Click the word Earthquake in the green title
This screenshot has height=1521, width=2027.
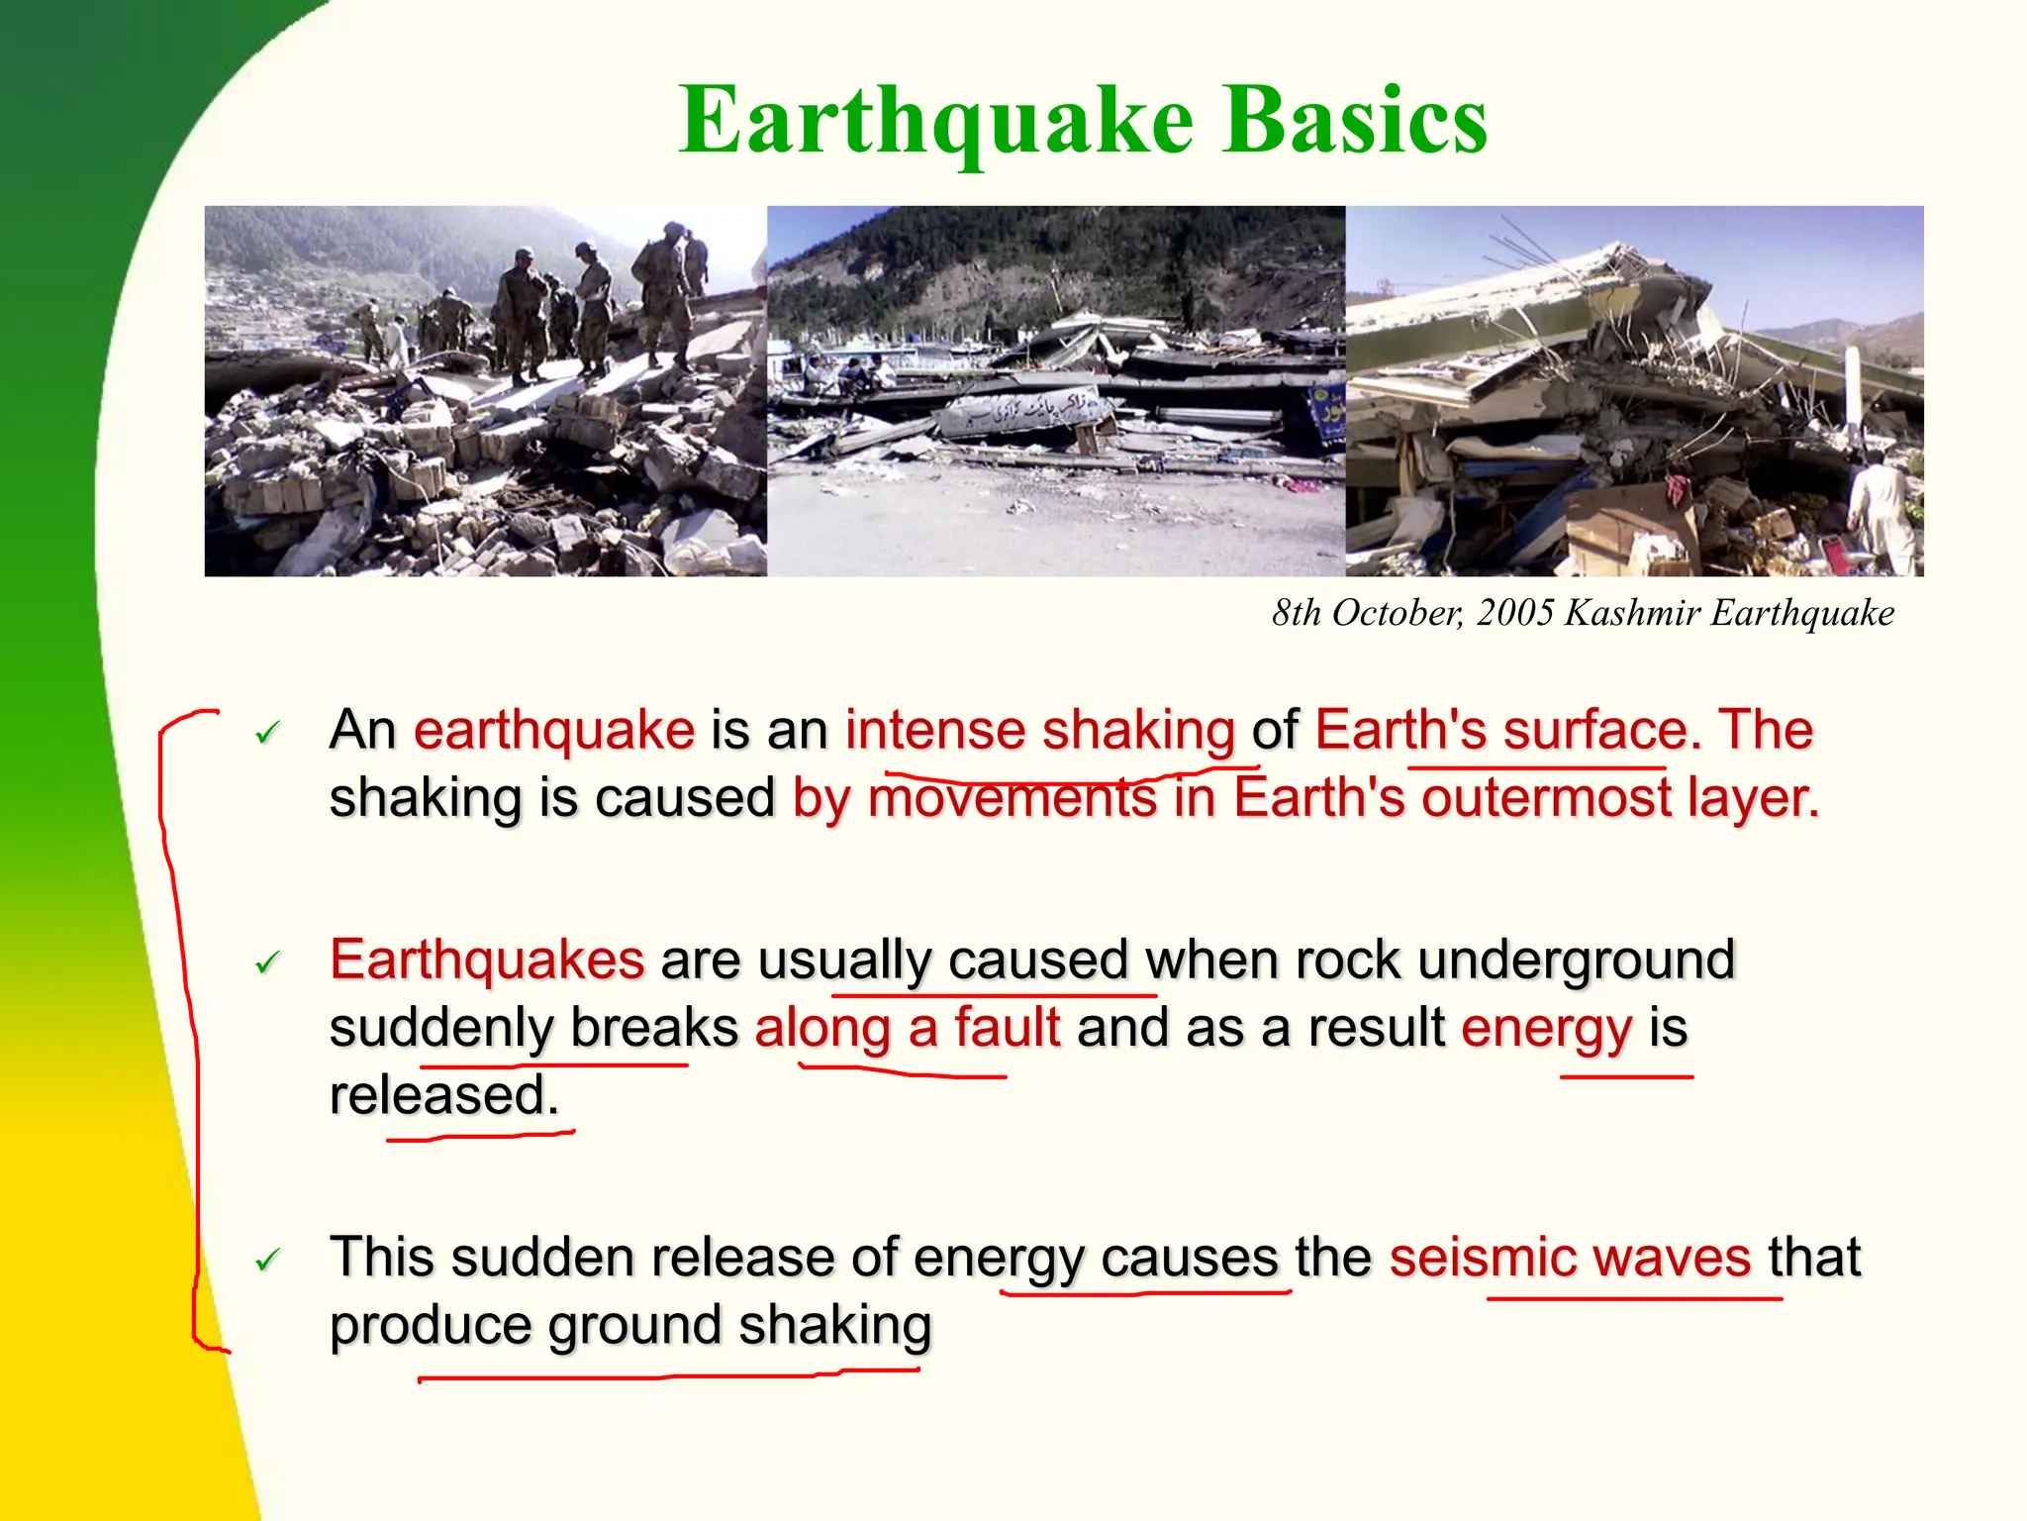[x=936, y=121]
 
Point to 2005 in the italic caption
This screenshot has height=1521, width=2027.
[x=1514, y=613]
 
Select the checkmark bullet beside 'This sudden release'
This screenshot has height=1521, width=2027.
[x=267, y=1261]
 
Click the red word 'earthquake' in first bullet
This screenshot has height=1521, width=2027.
[x=554, y=731]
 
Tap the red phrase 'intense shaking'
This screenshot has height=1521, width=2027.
[x=1039, y=731]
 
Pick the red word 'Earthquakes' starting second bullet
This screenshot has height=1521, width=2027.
[x=487, y=960]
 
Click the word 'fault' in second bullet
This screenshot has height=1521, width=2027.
[x=1007, y=1027]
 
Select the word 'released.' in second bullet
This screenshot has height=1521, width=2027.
[x=444, y=1095]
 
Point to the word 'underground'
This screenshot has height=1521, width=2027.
[x=1576, y=960]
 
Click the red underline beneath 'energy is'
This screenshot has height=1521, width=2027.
[x=1626, y=1076]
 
